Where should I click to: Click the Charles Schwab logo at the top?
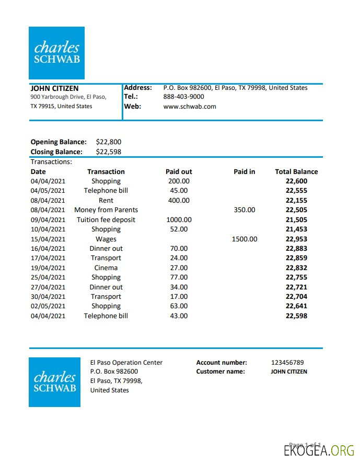[x=56, y=53]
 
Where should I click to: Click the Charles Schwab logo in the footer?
[x=55, y=382]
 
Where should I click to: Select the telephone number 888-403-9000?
[x=183, y=97]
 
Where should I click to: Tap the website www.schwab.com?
[x=189, y=106]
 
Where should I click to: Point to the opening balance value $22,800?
[x=109, y=142]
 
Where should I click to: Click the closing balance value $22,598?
[x=109, y=152]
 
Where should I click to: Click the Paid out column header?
[x=179, y=171]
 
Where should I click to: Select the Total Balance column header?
[x=296, y=171]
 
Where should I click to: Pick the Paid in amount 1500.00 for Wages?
[x=245, y=239]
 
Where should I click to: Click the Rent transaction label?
[x=106, y=200]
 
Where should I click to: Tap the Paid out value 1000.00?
[x=179, y=219]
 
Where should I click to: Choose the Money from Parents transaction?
[x=106, y=210]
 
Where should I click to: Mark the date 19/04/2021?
[x=48, y=268]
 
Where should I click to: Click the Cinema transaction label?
[x=106, y=268]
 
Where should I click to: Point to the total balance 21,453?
[x=296, y=229]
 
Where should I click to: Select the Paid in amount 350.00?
[x=245, y=210]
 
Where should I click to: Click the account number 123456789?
[x=287, y=362]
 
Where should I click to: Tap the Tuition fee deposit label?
[x=106, y=219]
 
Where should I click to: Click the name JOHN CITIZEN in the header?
[x=54, y=88]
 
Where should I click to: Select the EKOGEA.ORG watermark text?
[x=319, y=450]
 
